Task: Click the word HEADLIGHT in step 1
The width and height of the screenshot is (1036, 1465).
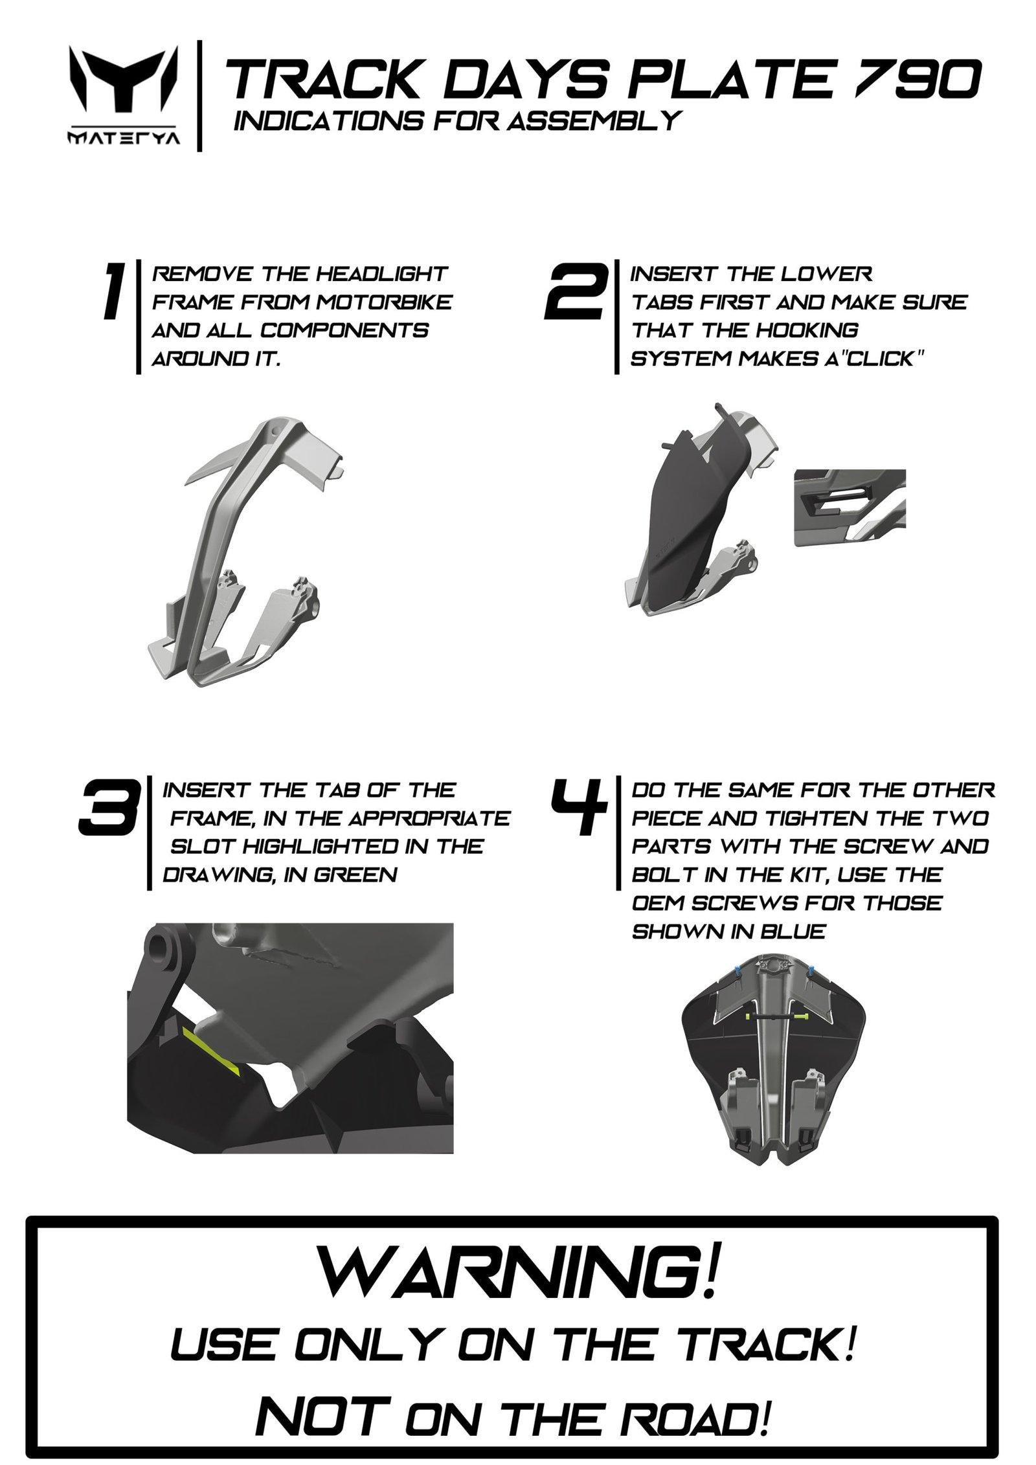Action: (x=381, y=273)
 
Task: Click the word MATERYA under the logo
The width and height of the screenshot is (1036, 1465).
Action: (x=122, y=139)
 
